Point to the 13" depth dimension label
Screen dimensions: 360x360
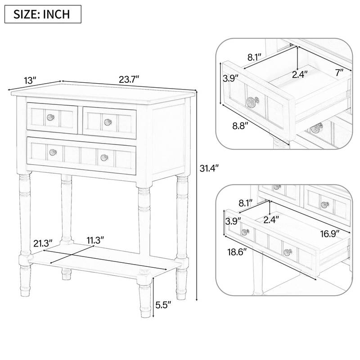(x=30, y=81)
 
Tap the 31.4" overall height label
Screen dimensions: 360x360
(x=209, y=169)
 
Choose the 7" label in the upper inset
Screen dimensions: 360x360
(x=339, y=72)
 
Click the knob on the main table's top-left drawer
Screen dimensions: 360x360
(x=51, y=117)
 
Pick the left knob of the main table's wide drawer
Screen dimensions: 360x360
(x=53, y=152)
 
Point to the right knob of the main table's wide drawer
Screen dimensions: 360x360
(x=104, y=157)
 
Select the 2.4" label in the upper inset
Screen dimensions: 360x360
(x=300, y=74)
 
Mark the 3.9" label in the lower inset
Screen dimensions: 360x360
(x=234, y=220)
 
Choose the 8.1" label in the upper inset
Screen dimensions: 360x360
(x=255, y=57)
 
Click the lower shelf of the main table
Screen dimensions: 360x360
(x=103, y=263)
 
